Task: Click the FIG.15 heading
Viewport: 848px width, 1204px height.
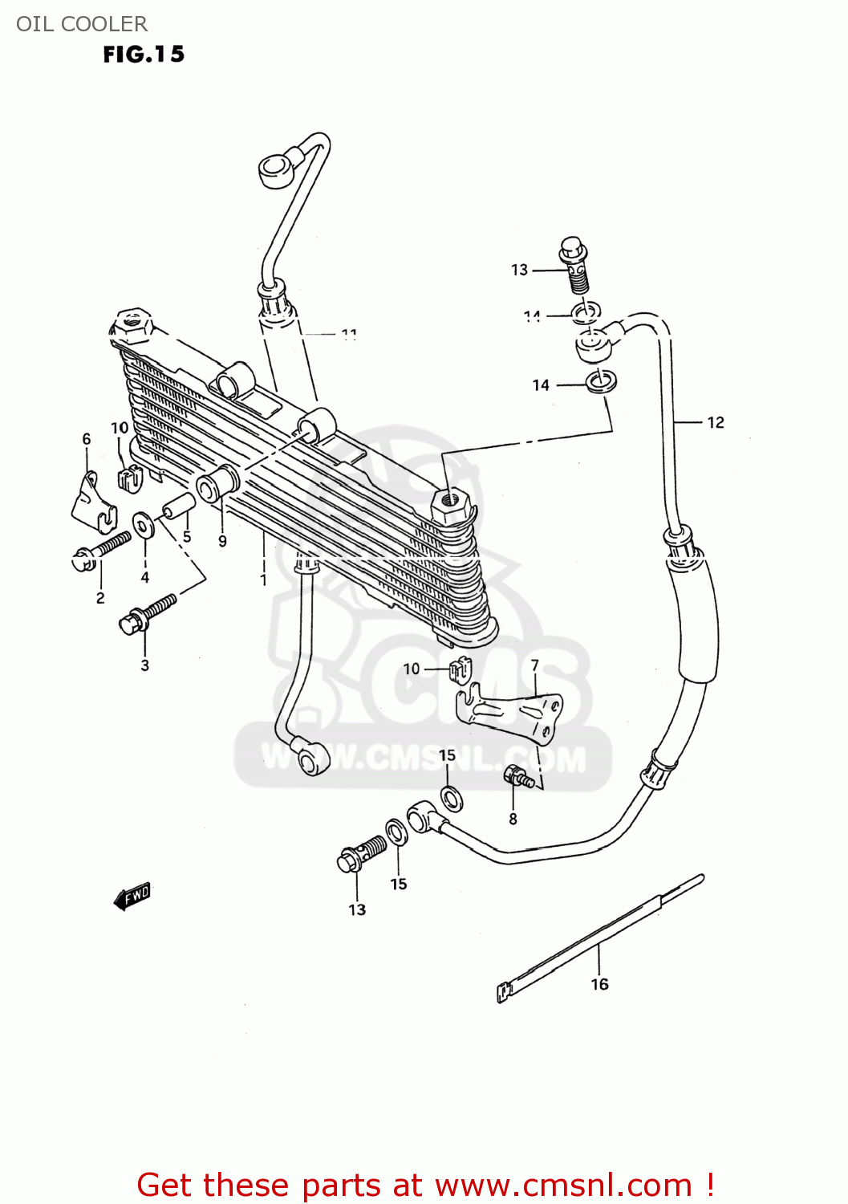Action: pos(144,55)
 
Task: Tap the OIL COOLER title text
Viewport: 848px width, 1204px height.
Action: pos(82,24)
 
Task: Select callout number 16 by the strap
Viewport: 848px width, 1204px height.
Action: pos(600,984)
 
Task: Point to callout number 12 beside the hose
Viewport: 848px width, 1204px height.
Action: pos(716,422)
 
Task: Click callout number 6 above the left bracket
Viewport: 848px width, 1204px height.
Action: pos(87,439)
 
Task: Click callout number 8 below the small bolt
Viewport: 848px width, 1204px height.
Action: pos(222,541)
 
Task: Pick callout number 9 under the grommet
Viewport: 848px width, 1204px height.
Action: pos(263,579)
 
